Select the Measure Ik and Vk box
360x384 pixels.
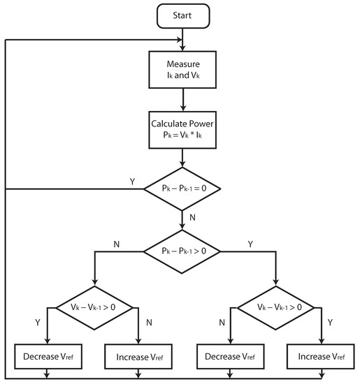(x=182, y=71)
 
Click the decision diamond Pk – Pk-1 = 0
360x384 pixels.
(x=182, y=189)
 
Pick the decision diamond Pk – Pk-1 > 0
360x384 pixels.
(x=182, y=249)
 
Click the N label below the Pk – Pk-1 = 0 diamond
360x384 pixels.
(x=192, y=217)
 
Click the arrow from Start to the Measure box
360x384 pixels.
(x=182, y=36)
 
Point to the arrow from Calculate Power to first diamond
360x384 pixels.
(x=182, y=157)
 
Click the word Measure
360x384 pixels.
(x=182, y=64)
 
